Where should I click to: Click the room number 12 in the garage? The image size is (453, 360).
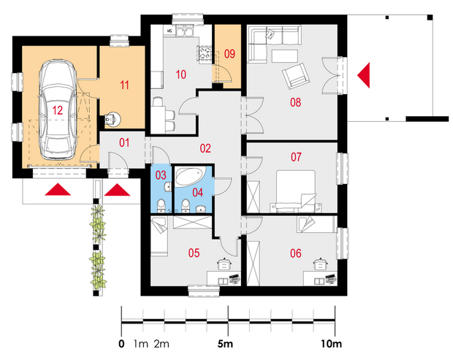coord(57,110)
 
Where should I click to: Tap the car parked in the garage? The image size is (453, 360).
coord(58,110)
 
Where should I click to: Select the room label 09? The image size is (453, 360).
coord(229,54)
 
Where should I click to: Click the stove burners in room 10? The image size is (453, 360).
coord(205,53)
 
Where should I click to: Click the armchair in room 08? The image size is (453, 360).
coord(296,76)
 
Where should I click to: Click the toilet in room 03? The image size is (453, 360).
coord(161,206)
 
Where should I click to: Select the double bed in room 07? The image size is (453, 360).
coord(296,191)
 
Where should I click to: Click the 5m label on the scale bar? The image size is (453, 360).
coord(225,344)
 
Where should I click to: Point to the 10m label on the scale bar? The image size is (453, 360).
coord(331,344)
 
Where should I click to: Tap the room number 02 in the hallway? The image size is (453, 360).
coord(205,148)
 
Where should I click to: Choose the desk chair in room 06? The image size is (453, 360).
coord(320,264)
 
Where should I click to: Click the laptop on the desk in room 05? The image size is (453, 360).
coord(235,279)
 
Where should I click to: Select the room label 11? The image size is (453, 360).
coord(124,85)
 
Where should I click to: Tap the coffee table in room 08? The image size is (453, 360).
coord(284,56)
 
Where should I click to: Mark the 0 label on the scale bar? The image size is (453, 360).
coord(121,344)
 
